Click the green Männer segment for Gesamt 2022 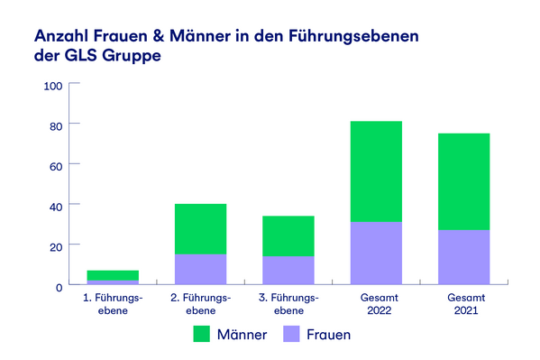coord(376,171)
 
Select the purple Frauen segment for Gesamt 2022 coord(376,253)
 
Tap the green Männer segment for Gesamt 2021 coord(463,181)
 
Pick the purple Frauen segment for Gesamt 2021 coord(463,257)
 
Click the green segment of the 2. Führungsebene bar coord(200,229)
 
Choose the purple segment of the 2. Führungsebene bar coord(200,269)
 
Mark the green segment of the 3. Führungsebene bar coord(288,235)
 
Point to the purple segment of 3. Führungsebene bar coord(288,270)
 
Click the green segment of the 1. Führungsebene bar coord(113,275)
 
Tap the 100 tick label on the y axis coord(52,86)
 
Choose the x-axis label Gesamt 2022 coord(376,304)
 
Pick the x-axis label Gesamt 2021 coord(463,304)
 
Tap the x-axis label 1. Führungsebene coord(113,304)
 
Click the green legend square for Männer coord(203,334)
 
